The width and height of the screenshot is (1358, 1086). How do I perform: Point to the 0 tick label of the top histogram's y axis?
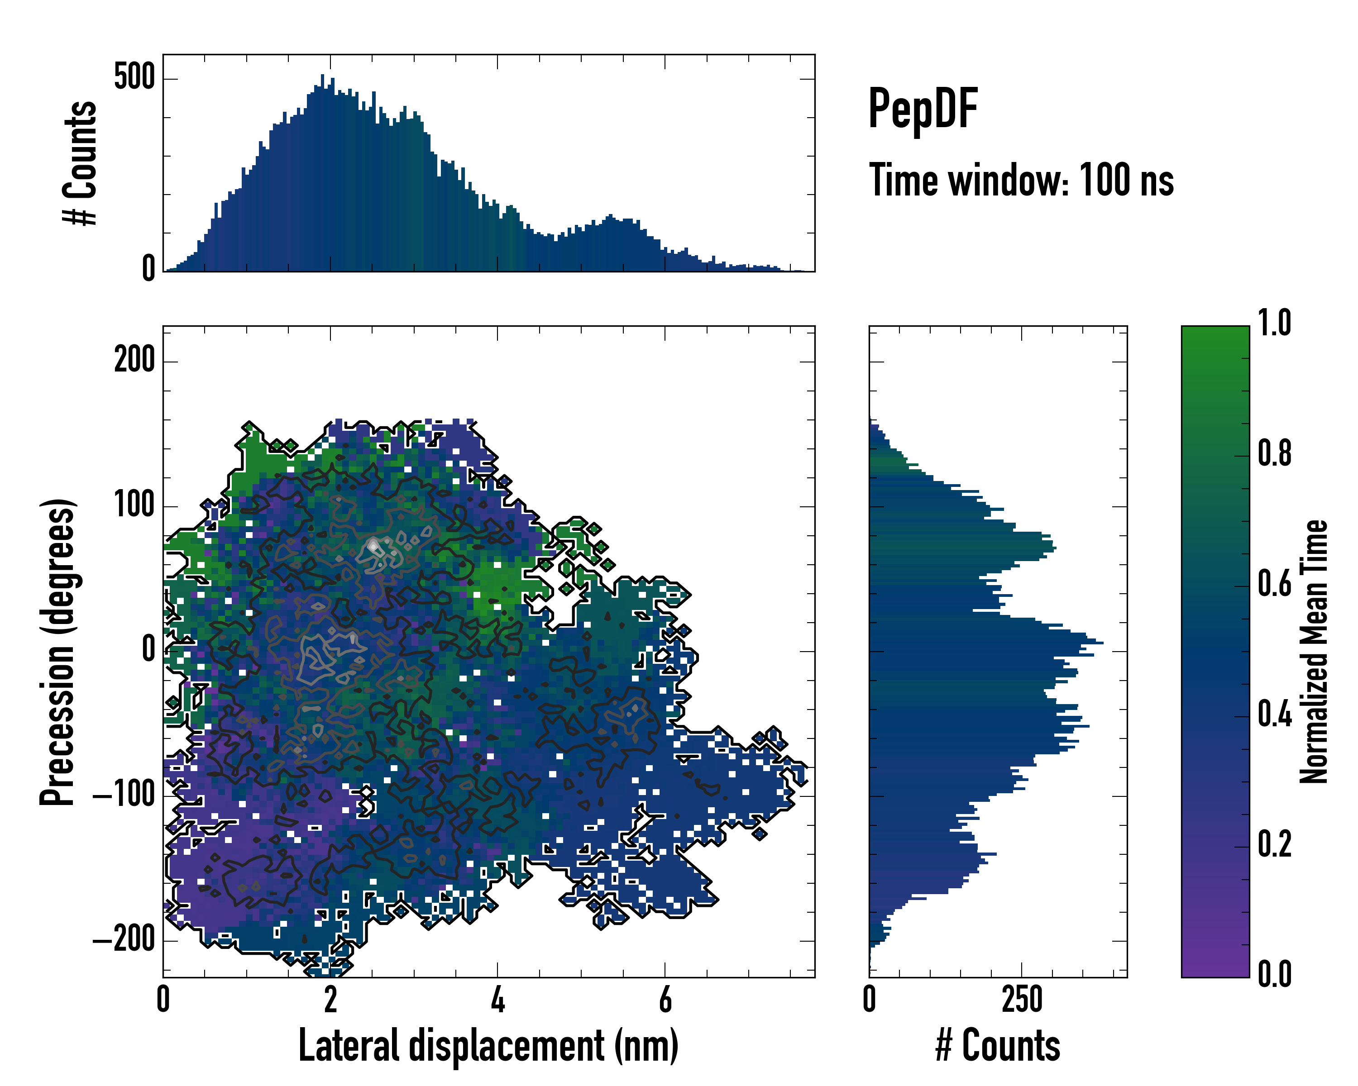point(148,269)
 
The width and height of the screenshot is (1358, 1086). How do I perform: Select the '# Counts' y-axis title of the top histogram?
point(80,163)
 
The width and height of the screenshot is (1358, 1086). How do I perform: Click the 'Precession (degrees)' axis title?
point(58,652)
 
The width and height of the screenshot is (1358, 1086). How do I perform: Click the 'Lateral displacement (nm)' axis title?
point(488,1046)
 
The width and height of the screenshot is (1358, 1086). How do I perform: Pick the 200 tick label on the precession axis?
point(134,361)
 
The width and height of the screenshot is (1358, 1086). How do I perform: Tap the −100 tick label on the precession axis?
point(124,796)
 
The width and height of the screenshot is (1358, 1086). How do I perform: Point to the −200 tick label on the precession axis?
point(124,941)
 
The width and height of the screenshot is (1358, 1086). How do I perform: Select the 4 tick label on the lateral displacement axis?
point(497,1000)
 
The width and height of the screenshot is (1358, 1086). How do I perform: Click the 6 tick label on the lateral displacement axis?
point(665,1000)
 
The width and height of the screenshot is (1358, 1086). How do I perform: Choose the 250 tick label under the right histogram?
point(1022,1000)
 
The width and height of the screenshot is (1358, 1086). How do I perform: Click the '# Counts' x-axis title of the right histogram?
point(998,1046)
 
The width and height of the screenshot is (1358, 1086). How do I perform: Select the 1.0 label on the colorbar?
point(1274,324)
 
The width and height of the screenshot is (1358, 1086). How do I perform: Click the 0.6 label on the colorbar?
point(1274,584)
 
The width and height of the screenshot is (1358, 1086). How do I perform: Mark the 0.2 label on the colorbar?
point(1274,845)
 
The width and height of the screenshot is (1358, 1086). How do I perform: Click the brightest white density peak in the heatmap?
point(373,545)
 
